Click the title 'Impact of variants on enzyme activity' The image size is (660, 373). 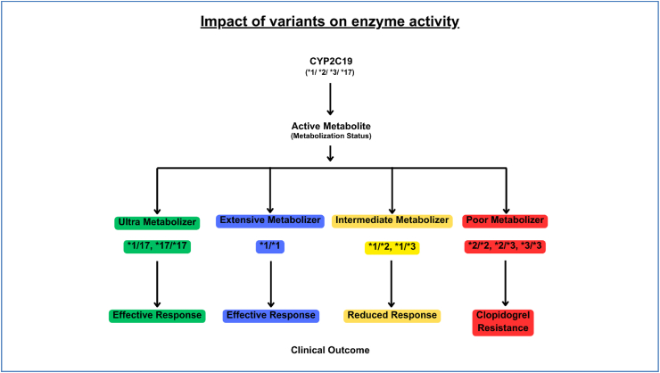click(330, 21)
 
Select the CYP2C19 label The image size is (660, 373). click(331, 62)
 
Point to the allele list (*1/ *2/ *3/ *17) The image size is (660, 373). click(330, 72)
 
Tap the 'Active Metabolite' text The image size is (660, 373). click(331, 126)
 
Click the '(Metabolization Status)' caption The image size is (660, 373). click(331, 136)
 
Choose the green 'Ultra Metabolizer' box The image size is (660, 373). click(157, 222)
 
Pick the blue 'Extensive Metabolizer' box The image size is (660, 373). click(270, 220)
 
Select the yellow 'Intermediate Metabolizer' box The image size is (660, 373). click(392, 220)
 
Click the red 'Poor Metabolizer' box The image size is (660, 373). click(505, 220)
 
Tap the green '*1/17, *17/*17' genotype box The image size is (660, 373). click(157, 246)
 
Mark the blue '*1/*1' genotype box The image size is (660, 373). click(270, 246)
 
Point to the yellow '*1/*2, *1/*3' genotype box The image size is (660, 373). click(392, 247)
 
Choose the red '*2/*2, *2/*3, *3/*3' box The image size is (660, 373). click(505, 246)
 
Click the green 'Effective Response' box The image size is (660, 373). click(157, 316)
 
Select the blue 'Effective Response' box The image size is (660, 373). click(270, 316)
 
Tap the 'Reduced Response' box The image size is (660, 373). click(392, 316)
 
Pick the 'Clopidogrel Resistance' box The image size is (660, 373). click(503, 322)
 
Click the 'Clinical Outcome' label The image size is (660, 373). click(330, 351)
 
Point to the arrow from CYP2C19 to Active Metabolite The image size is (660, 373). click(330, 99)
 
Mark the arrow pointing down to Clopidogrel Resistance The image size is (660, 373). click(505, 284)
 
